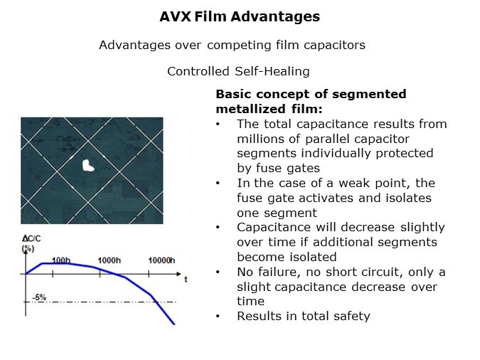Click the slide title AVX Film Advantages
(x=239, y=16)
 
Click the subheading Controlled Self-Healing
(x=238, y=71)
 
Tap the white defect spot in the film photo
(x=88, y=166)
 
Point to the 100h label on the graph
(x=61, y=260)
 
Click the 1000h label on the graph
(x=109, y=260)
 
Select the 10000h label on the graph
(x=161, y=260)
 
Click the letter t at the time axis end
(x=186, y=279)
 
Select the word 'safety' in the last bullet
(x=351, y=316)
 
